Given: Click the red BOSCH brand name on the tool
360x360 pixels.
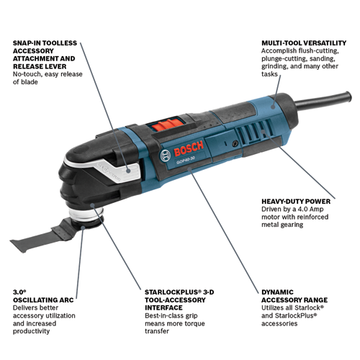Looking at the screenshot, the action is click(x=189, y=149).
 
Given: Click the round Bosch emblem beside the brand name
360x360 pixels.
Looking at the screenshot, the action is click(x=166, y=156).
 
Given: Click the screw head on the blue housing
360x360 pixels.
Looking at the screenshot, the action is click(x=234, y=143).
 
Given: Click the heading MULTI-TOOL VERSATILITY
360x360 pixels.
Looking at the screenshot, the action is click(x=304, y=43).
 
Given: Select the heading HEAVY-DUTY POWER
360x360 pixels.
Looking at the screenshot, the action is click(x=296, y=202).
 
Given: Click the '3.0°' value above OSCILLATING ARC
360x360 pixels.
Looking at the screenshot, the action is click(x=19, y=292).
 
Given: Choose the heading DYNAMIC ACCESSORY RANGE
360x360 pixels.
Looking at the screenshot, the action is click(x=294, y=296).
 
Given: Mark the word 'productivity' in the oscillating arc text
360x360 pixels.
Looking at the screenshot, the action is click(x=31, y=331).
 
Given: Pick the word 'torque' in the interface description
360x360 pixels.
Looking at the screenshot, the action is click(x=194, y=323).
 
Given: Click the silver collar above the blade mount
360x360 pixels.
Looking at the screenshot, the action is click(x=86, y=213).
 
